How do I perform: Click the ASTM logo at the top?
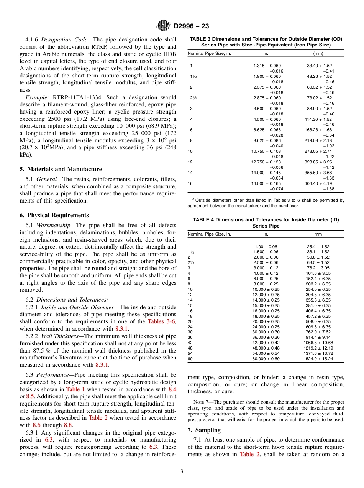click(x=164, y=26)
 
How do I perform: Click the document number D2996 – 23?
click(x=191, y=26)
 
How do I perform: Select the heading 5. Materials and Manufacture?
click(x=61, y=169)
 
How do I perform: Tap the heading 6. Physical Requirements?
click(x=54, y=215)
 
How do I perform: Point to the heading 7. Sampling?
click(x=204, y=430)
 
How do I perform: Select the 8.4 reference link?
click(x=172, y=389)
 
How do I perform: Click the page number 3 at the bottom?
click(x=182, y=472)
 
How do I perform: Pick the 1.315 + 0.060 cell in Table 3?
click(x=267, y=66)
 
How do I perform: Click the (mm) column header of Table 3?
click(x=318, y=53)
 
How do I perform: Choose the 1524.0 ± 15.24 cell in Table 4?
click(x=318, y=359)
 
